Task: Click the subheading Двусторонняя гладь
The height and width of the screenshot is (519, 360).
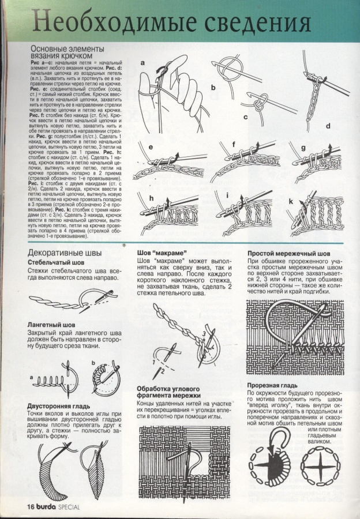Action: tap(60, 405)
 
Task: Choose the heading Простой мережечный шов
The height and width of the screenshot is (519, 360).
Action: tap(288, 253)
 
